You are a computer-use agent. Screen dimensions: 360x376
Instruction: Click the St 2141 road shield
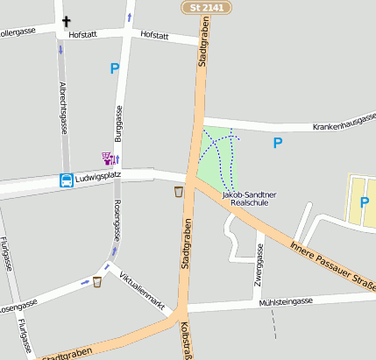coord(207,7)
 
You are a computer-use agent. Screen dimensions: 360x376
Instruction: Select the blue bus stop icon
coord(66,180)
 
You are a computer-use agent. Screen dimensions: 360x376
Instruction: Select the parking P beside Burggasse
coord(114,68)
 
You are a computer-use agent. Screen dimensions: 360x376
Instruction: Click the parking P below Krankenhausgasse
coord(278,143)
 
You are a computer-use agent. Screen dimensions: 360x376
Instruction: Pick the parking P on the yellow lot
coord(365,203)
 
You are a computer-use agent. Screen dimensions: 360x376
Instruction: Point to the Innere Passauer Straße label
coord(334,263)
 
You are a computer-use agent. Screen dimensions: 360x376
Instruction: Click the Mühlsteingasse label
coord(286,302)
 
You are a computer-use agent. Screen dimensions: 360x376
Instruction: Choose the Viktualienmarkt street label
coord(141,286)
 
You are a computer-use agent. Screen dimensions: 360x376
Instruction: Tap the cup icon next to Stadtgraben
coord(179,191)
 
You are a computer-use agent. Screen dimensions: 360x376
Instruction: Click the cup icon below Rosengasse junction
coord(97,281)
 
